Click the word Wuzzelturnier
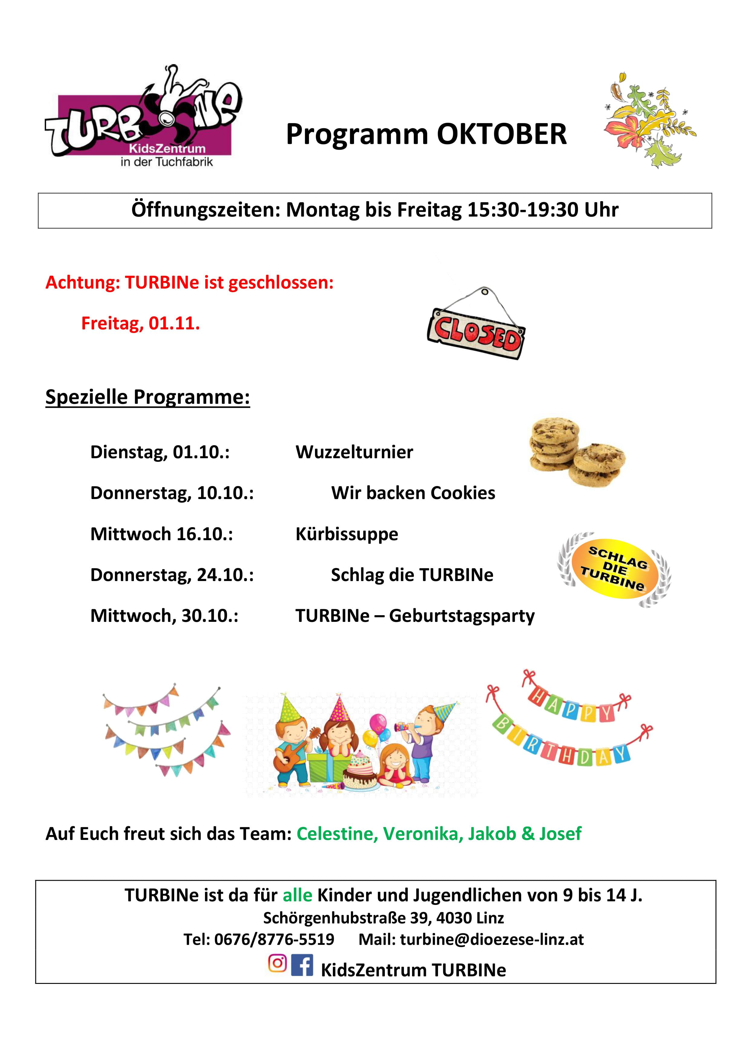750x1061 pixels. [354, 452]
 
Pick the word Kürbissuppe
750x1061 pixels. [346, 534]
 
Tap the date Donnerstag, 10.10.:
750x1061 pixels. [172, 493]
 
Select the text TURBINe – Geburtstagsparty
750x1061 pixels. [415, 616]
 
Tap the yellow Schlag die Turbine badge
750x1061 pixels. [614, 569]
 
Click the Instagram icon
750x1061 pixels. [277, 963]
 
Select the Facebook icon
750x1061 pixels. [302, 965]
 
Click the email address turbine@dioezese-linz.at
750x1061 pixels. [492, 939]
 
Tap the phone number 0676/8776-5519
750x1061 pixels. [274, 939]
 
